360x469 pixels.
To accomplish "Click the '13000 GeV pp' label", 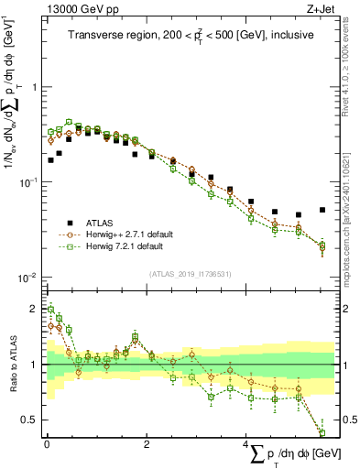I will [71, 8].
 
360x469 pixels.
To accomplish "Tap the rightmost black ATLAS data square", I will [322, 210].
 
